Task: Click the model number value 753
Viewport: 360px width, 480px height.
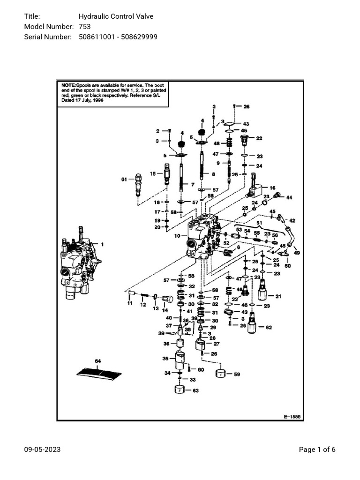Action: pyautogui.click(x=85, y=27)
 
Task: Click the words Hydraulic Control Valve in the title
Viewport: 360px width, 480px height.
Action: pyautogui.click(x=116, y=16)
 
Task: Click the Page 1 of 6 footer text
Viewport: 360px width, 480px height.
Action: pyautogui.click(x=317, y=450)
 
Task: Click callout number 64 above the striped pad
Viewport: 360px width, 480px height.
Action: pyautogui.click(x=98, y=361)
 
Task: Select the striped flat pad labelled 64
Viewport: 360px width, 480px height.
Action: pyautogui.click(x=99, y=373)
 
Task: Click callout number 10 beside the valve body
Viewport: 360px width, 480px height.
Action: pyautogui.click(x=178, y=235)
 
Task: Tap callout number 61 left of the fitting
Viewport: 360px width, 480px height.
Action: pyautogui.click(x=124, y=179)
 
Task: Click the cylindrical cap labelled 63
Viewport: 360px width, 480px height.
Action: pyautogui.click(x=178, y=390)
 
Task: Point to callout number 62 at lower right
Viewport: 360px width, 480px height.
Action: pyautogui.click(x=269, y=327)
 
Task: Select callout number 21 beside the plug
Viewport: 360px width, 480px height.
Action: pyautogui.click(x=278, y=296)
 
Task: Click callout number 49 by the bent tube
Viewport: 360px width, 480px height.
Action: pyautogui.click(x=296, y=253)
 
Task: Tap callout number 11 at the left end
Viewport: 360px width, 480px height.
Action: pyautogui.click(x=130, y=303)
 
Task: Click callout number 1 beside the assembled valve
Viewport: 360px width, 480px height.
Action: pyautogui.click(x=103, y=244)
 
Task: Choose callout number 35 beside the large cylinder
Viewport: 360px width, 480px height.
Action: pyautogui.click(x=165, y=359)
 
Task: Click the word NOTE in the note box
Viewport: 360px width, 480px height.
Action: pyautogui.click(x=68, y=85)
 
